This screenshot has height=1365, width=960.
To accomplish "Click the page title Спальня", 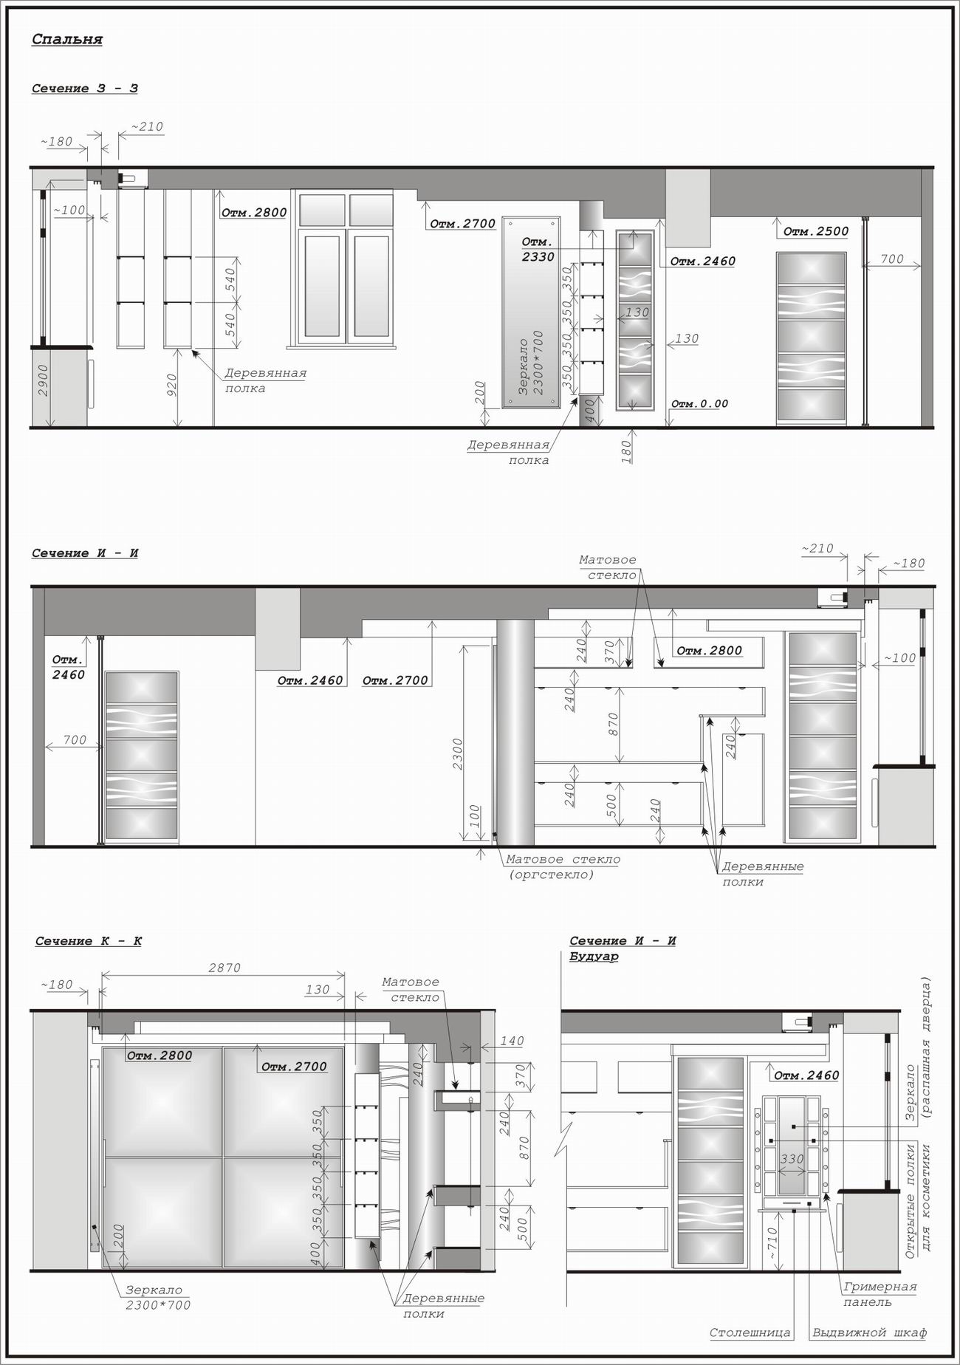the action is click(67, 39).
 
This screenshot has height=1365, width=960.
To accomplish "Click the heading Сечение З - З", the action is click(85, 89).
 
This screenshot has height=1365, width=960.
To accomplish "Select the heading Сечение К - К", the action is click(89, 941).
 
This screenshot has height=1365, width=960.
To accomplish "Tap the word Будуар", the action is click(594, 957).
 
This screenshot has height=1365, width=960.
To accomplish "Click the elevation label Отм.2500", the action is click(815, 231).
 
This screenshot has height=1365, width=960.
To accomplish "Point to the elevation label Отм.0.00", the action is click(699, 404).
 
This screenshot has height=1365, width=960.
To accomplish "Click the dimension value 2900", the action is click(43, 380).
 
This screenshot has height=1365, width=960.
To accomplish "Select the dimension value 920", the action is click(171, 385).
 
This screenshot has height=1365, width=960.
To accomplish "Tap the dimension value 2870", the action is click(224, 968).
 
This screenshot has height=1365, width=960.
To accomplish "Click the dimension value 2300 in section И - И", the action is click(458, 754).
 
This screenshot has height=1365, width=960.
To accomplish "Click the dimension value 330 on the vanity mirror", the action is click(792, 1160).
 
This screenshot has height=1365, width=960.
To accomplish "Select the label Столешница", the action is click(750, 1333).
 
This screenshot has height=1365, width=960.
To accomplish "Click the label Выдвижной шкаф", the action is click(869, 1333).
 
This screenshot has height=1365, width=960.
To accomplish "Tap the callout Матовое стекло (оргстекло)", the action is click(563, 867).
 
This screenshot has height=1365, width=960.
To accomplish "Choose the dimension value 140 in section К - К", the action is click(512, 1041).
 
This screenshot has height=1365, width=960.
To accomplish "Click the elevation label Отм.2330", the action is click(538, 250).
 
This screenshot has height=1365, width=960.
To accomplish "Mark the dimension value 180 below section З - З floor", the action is click(626, 450).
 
